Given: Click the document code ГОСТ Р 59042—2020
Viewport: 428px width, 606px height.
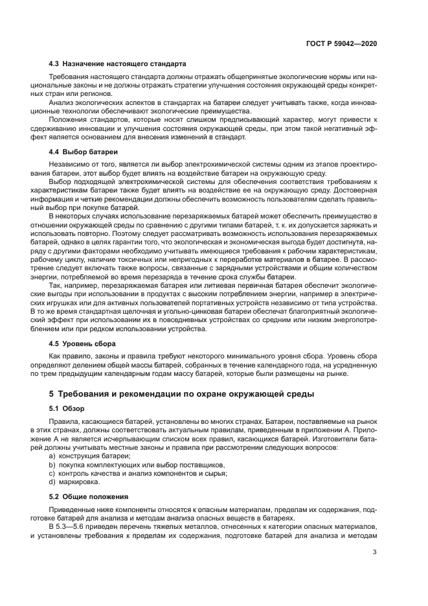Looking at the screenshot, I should (342, 43).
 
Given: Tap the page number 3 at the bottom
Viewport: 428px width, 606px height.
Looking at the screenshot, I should (376, 552).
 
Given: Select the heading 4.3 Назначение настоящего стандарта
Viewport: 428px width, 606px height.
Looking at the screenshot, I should (118, 64).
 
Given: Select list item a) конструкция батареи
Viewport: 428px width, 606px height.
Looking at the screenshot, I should (90, 457).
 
